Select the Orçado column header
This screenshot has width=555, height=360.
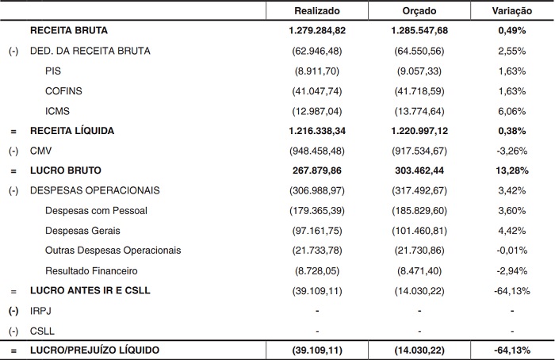click(x=417, y=11)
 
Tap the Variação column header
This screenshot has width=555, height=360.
click(x=513, y=11)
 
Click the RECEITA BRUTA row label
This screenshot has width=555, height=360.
click(x=68, y=31)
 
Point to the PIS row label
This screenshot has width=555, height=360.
click(x=54, y=71)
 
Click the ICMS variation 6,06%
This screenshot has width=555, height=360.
click(x=513, y=110)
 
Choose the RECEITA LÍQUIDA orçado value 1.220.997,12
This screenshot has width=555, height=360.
click(x=417, y=130)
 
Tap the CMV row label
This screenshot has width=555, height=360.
click(x=40, y=150)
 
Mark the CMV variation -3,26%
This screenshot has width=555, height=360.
click(x=513, y=150)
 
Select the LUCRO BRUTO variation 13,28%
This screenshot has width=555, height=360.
click(x=513, y=170)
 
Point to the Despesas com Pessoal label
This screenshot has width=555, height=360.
click(x=97, y=210)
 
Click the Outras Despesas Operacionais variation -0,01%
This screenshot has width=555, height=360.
click(x=513, y=250)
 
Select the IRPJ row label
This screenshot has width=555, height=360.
click(x=40, y=310)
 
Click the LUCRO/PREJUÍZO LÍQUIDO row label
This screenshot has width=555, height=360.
click(x=94, y=350)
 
